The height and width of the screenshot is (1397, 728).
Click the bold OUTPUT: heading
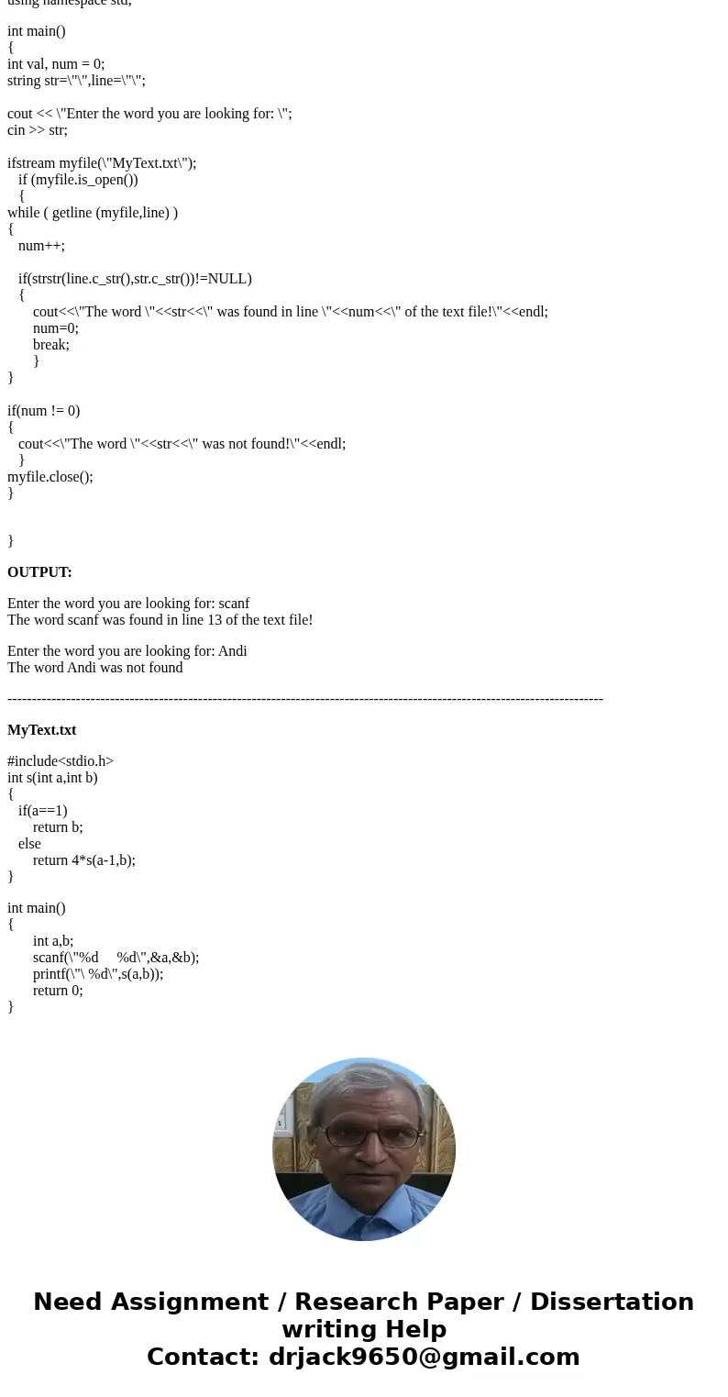[x=39, y=572]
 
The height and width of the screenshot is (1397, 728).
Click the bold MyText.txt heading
[x=41, y=730]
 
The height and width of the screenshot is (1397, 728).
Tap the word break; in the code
[x=50, y=345]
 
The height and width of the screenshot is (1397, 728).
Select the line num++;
[x=41, y=246]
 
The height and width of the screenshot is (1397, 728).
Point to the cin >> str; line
[x=38, y=130]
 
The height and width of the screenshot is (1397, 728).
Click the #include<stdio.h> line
[x=61, y=761]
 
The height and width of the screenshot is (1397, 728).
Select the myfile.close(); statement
[x=50, y=477]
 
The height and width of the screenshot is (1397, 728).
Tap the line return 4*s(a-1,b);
[x=83, y=860]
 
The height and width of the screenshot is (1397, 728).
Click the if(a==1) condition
[x=42, y=811]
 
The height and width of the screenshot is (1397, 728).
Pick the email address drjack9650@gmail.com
[x=424, y=1357]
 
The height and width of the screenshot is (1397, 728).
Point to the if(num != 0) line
[x=43, y=411]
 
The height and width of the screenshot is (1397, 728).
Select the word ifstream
[x=31, y=163]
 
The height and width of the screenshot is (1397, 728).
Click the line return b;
[x=58, y=827]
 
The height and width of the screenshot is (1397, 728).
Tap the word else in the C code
[x=29, y=844]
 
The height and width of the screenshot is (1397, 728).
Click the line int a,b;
[x=53, y=941]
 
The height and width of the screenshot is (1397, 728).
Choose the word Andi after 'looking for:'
[x=232, y=651]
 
